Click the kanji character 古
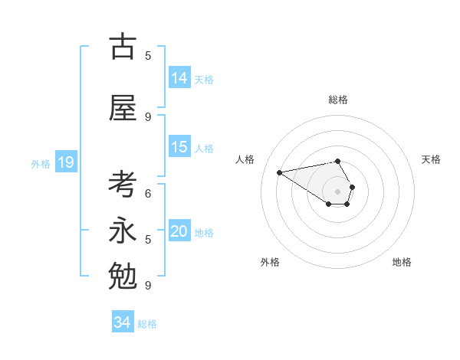[x=123, y=47]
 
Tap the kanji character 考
[x=123, y=186]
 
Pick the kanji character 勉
[x=123, y=274]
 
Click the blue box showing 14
[x=179, y=78]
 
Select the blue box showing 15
[x=179, y=147]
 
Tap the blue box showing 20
[x=179, y=231]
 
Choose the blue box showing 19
[x=66, y=162]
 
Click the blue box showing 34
[x=123, y=323]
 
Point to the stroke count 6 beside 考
[x=148, y=194]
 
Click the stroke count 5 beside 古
[x=148, y=56]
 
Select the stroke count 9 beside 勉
[x=148, y=285]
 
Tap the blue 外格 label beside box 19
[x=41, y=163]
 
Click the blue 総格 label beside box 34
[x=147, y=324]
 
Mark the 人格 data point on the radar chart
[x=279, y=172]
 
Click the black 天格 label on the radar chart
[x=431, y=159]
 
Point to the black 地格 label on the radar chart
[x=402, y=262]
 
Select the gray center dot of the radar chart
[x=337, y=191]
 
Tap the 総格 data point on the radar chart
[x=337, y=161]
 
